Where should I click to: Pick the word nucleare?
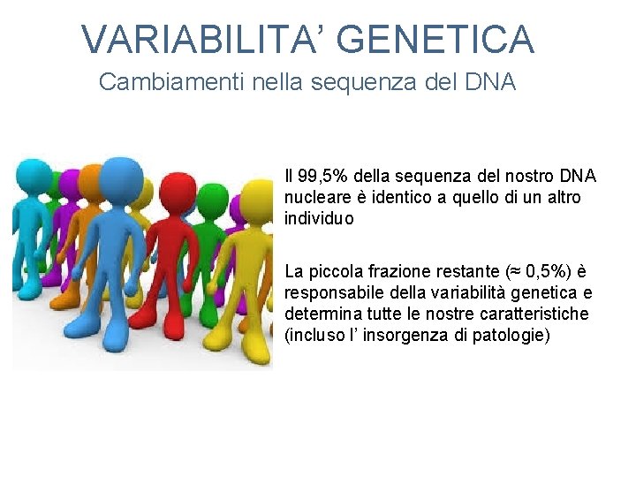pos(315,197)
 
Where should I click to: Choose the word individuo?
pos(319,218)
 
